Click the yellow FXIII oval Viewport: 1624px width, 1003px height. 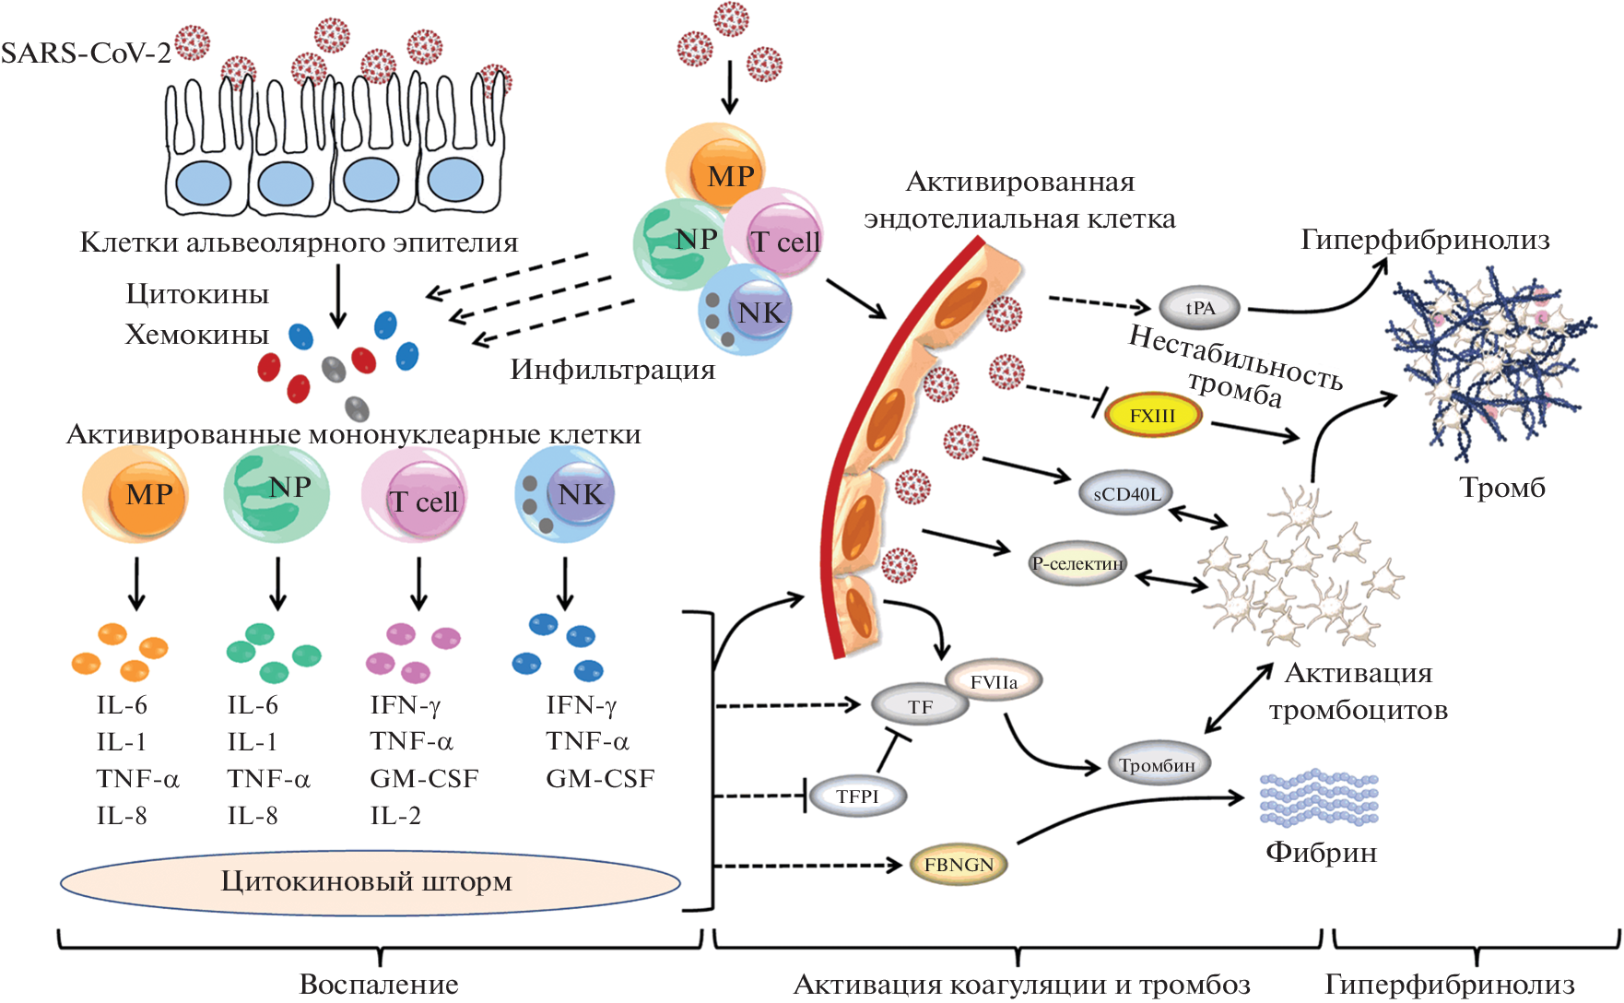point(1152,416)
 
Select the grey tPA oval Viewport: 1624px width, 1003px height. point(1199,308)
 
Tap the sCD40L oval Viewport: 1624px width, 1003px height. point(1126,494)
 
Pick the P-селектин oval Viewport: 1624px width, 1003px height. point(1077,563)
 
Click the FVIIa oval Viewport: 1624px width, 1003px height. point(994,682)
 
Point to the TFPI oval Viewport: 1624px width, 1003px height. point(857,796)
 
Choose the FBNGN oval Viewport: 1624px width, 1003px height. point(959,865)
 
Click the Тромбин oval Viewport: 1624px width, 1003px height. point(1158,765)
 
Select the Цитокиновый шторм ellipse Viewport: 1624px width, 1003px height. point(370,882)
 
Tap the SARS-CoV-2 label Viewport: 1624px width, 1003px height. point(86,53)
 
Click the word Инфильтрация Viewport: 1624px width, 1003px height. point(613,370)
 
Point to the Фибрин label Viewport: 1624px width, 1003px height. point(1321,852)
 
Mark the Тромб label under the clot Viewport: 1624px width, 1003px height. point(1501,488)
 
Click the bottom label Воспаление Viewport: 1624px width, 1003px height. point(379,984)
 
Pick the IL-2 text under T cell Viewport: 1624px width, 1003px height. point(395,816)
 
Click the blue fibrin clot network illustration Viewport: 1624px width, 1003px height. point(1489,360)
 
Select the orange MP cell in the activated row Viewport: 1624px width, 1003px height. point(136,494)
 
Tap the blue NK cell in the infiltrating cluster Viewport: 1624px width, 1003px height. point(746,311)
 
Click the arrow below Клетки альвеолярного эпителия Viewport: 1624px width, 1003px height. point(338,295)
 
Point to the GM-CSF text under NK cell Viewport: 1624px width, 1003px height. point(600,779)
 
